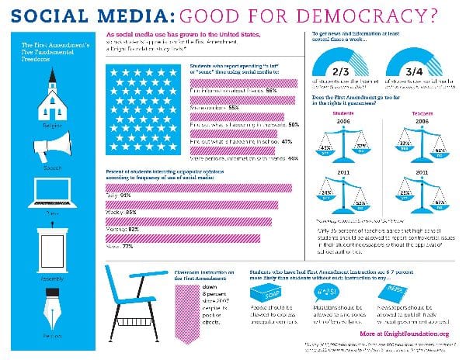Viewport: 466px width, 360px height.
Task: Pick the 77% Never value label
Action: click(x=128, y=246)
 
